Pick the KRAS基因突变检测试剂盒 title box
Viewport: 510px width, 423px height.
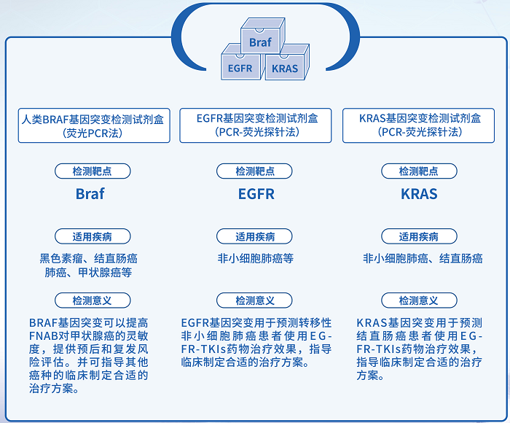click(x=420, y=125)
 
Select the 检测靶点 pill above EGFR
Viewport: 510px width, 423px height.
click(x=255, y=171)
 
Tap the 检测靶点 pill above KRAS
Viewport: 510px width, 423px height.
click(x=419, y=171)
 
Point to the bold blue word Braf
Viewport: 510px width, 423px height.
click(x=90, y=194)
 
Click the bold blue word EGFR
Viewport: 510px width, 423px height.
click(x=256, y=194)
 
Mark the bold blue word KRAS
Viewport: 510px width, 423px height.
click(x=419, y=194)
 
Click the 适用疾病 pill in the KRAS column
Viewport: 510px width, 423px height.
click(x=419, y=237)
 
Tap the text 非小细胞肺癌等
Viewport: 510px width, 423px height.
click(x=255, y=258)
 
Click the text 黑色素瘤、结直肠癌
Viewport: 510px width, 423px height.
click(x=89, y=258)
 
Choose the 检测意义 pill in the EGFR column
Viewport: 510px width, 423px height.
click(x=255, y=300)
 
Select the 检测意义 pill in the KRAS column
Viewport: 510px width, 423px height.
click(x=419, y=300)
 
